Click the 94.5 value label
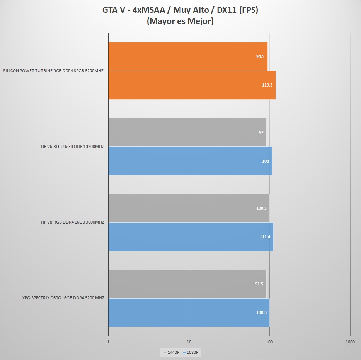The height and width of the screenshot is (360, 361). pyautogui.click(x=260, y=56)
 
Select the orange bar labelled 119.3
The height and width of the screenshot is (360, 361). pyautogui.click(x=192, y=85)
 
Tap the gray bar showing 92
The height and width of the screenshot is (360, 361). pyautogui.click(x=187, y=132)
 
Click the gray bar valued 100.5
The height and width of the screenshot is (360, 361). pyautogui.click(x=189, y=208)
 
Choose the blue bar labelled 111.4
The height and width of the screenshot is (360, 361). pyautogui.click(x=191, y=237)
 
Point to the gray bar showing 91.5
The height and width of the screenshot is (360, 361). pyautogui.click(x=187, y=284)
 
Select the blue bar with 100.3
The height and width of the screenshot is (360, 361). pyautogui.click(x=189, y=312)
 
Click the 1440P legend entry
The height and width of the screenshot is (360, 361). pyautogui.click(x=172, y=352)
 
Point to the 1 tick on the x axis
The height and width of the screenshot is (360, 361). pyautogui.click(x=108, y=342)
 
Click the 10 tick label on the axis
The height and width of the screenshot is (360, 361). pyautogui.click(x=189, y=342)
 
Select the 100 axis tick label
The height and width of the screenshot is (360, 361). pyautogui.click(x=270, y=342)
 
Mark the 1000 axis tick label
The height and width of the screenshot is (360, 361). pyautogui.click(x=350, y=342)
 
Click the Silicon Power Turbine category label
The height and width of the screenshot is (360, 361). pyautogui.click(x=53, y=71)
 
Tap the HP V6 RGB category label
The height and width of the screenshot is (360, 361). pyautogui.click(x=73, y=146)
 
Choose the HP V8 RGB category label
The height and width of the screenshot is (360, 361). pyautogui.click(x=73, y=222)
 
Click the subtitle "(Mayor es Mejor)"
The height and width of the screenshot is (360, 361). pyautogui.click(x=180, y=22)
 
